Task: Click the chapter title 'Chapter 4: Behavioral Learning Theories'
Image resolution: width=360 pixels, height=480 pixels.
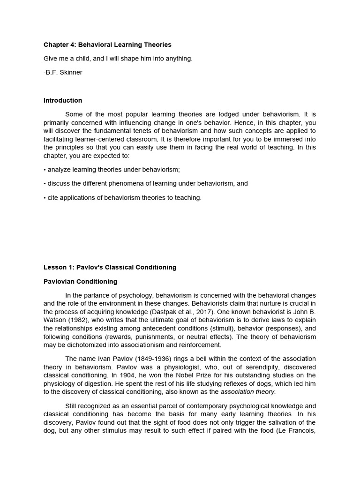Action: [107, 45]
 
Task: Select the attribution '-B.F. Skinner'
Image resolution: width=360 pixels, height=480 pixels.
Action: [63, 73]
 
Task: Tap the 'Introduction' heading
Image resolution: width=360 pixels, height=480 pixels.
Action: [63, 100]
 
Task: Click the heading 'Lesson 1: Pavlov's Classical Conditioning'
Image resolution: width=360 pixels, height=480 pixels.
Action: [110, 268]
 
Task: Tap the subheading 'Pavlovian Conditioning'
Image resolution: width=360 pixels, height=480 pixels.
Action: [80, 282]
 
